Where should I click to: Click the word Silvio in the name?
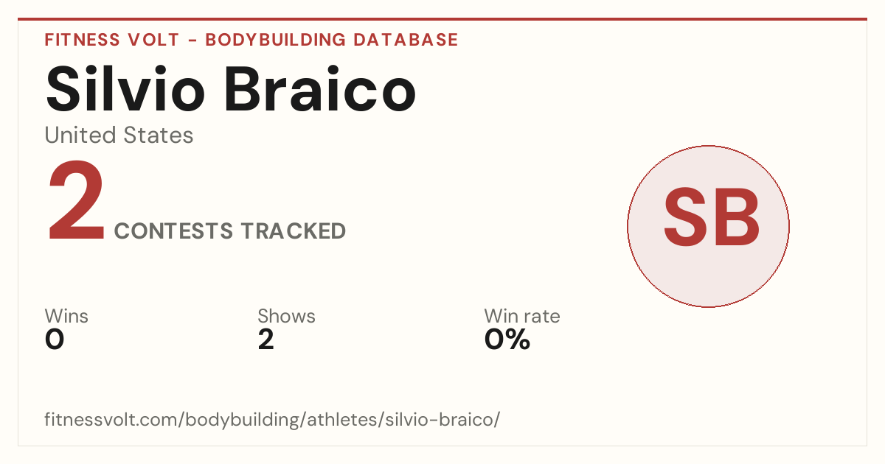(x=125, y=89)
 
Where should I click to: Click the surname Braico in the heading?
(x=320, y=89)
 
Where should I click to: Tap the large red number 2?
(x=76, y=200)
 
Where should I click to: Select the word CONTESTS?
(x=173, y=231)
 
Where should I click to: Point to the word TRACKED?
(x=294, y=231)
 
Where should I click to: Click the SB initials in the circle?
(x=711, y=217)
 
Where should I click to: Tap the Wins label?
(x=66, y=316)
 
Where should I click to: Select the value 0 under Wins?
(x=55, y=340)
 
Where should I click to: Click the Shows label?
(x=286, y=316)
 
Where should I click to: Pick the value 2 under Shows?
(x=266, y=340)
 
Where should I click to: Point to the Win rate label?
(x=522, y=316)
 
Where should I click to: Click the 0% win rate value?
(x=507, y=340)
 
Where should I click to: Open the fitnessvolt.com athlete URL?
(x=272, y=419)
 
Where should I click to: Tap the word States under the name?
(x=159, y=136)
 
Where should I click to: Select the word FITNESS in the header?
(x=82, y=40)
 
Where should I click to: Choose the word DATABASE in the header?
(x=406, y=40)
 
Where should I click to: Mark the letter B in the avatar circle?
(x=737, y=217)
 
